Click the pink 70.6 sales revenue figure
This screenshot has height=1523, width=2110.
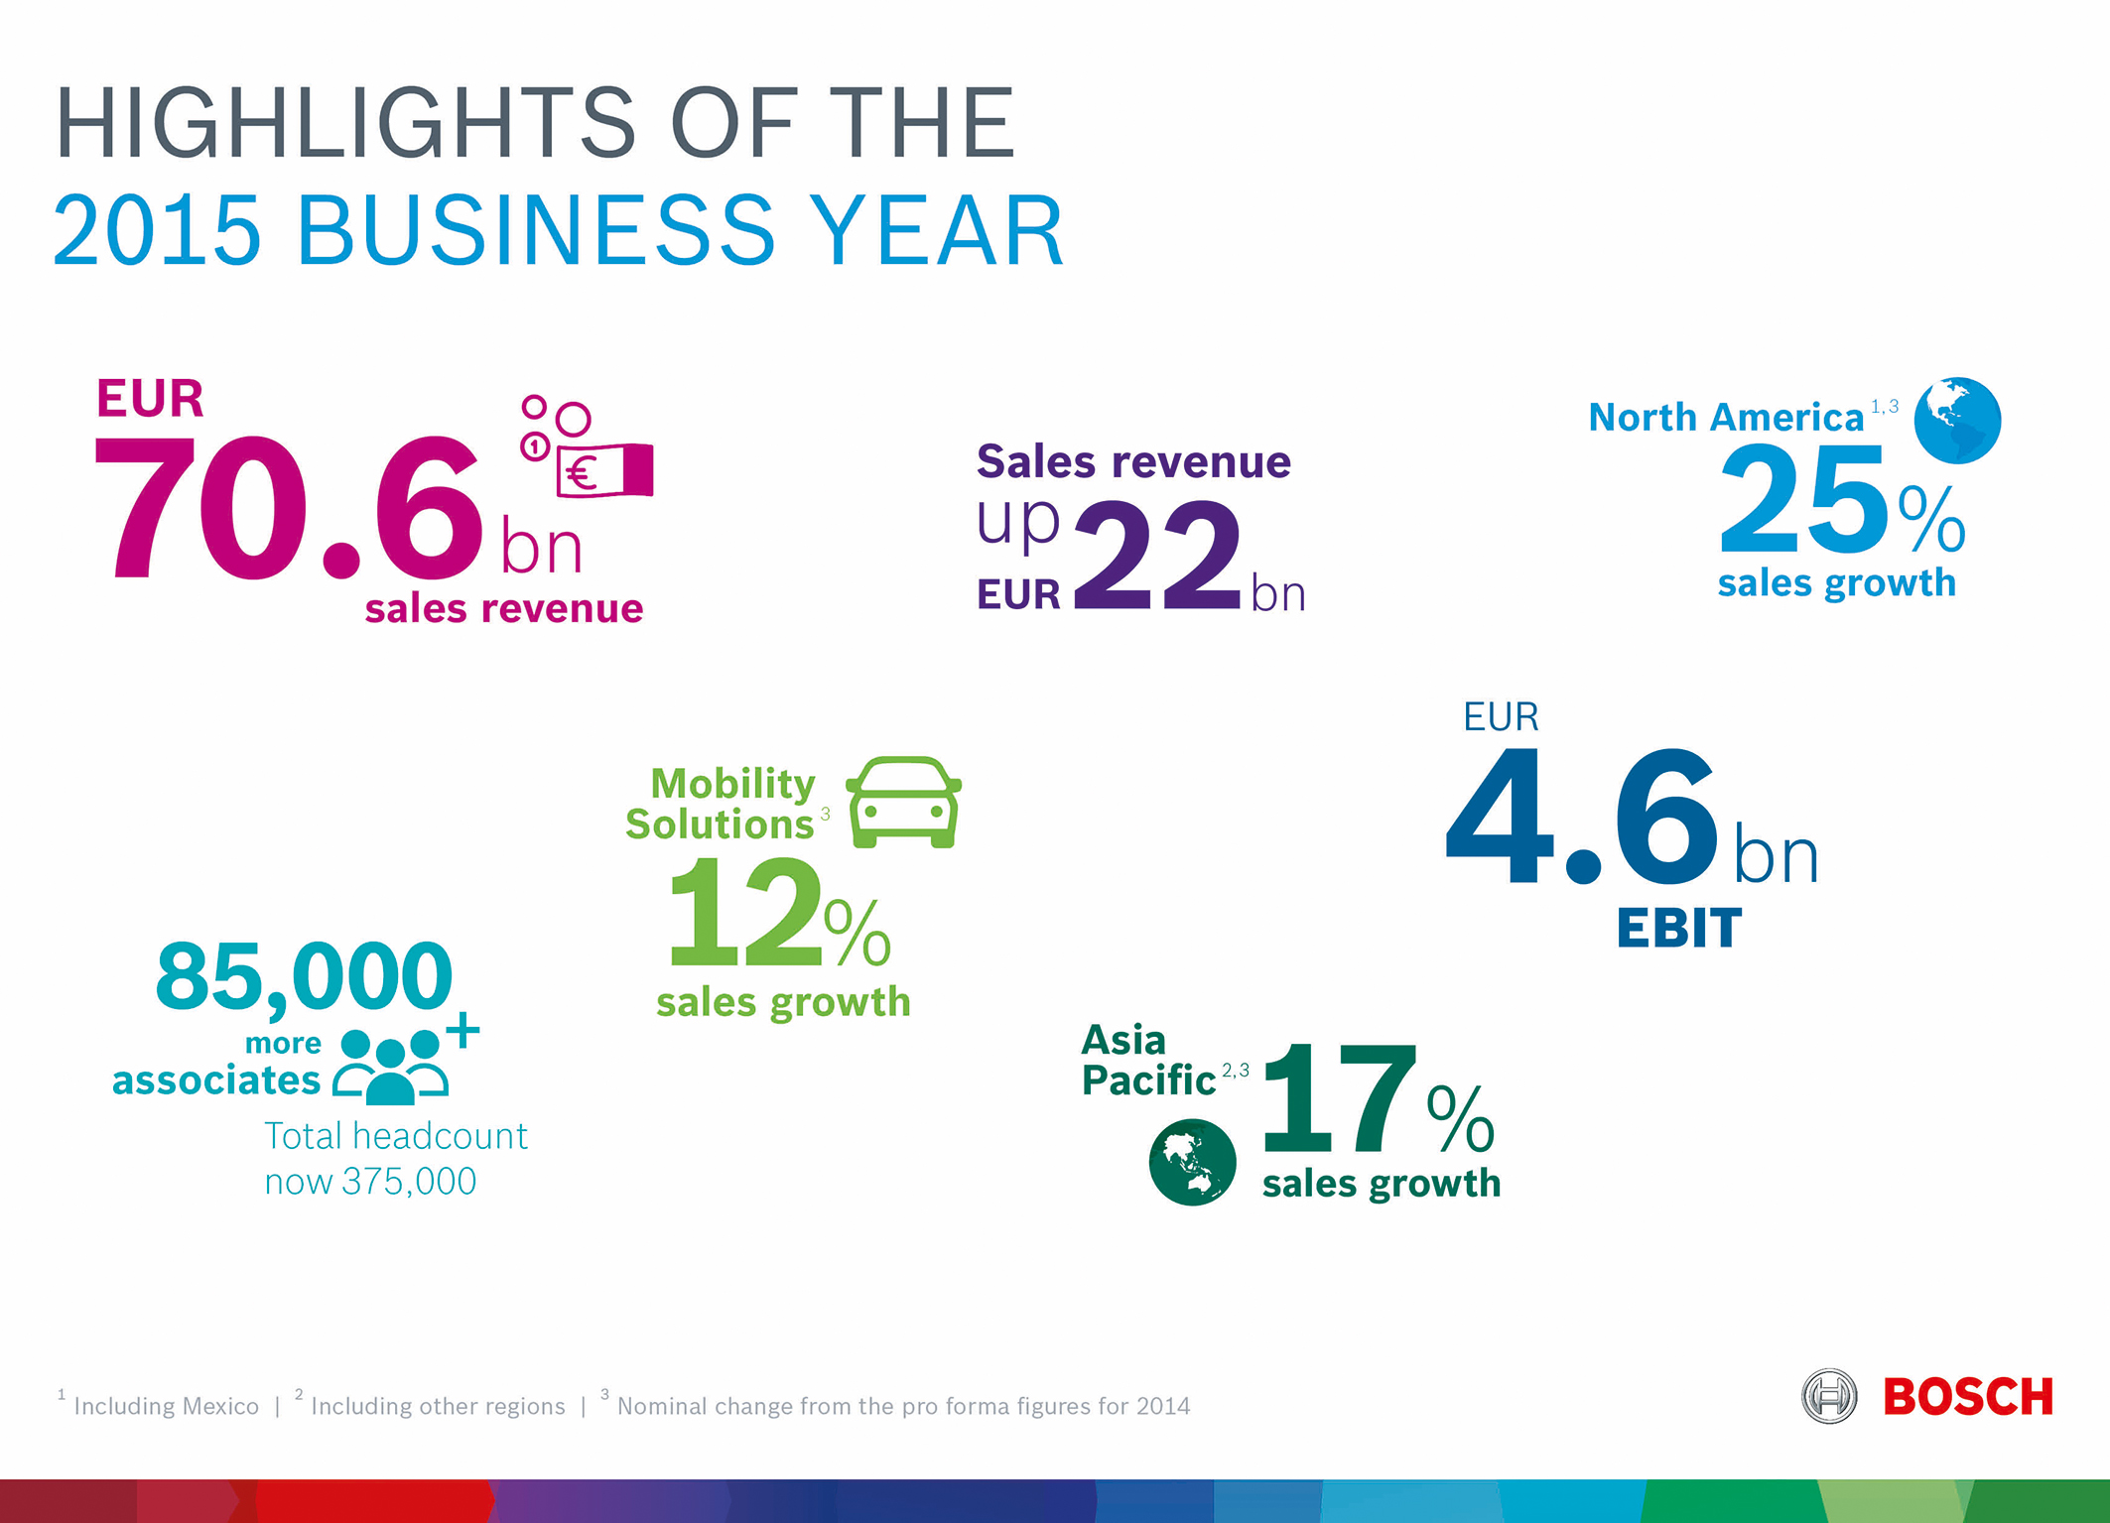288,507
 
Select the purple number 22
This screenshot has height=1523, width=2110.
1157,555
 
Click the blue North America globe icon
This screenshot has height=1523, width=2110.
1957,420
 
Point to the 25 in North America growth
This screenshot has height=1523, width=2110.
1803,499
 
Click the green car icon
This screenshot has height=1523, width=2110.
903,802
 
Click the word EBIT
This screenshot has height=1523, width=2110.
1678,929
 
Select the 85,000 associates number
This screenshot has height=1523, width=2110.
304,978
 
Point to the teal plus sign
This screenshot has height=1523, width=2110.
463,1031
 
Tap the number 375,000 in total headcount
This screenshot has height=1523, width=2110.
409,1182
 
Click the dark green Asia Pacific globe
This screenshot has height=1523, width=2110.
1192,1162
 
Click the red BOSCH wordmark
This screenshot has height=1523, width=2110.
1968,1397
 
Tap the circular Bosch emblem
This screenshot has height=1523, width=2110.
1829,1396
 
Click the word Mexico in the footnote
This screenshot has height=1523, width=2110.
216,1406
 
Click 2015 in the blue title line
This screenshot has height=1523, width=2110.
157,230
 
